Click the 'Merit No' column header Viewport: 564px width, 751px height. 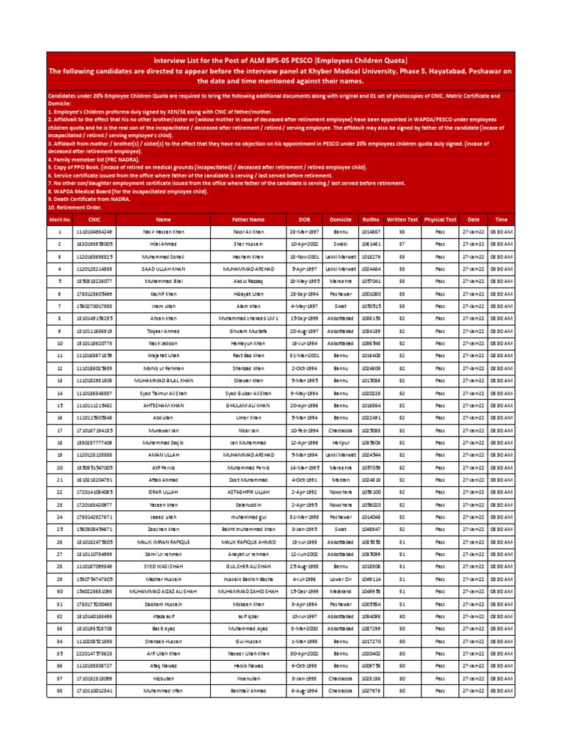(x=59, y=219)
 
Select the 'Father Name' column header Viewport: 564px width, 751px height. (x=247, y=219)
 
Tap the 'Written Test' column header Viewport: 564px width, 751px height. (x=402, y=219)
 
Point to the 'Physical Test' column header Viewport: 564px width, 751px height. (x=440, y=219)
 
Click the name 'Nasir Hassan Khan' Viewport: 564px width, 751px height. (x=162, y=231)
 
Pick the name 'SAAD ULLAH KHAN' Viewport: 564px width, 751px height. (x=162, y=268)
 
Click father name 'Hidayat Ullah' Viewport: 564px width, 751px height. (x=247, y=293)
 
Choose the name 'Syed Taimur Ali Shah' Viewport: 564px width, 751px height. (x=162, y=393)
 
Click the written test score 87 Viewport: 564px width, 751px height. (x=402, y=243)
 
